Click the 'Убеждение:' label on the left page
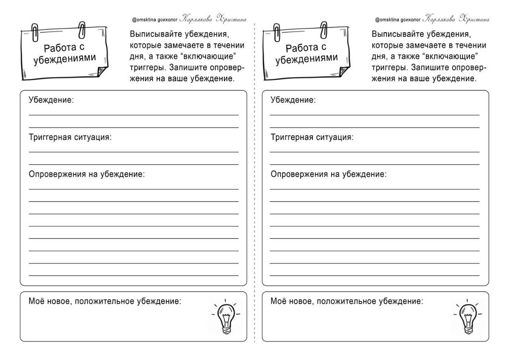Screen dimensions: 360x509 click(x=51, y=100)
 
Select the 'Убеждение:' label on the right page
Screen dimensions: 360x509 click(x=293, y=100)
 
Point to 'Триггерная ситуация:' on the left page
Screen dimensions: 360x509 click(x=70, y=137)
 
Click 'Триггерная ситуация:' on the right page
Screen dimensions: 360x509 click(x=312, y=137)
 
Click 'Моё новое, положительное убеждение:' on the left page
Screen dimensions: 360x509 click(x=105, y=301)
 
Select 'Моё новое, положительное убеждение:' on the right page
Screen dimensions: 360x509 click(x=347, y=301)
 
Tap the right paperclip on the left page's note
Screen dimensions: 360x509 click(x=83, y=29)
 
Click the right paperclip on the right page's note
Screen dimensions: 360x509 click(x=324, y=29)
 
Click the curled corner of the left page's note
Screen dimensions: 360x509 click(x=102, y=72)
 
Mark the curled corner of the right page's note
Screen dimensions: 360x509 click(x=344, y=72)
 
